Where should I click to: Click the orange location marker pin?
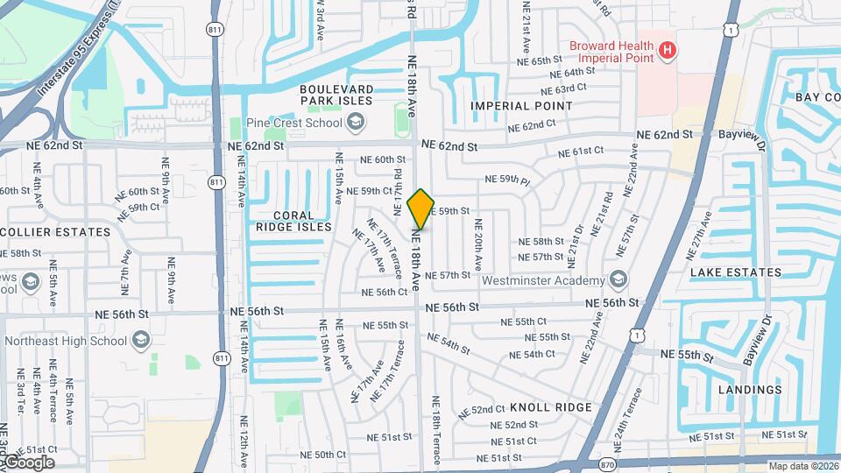(x=421, y=208)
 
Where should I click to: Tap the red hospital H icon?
(x=668, y=51)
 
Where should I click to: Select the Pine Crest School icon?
(x=354, y=123)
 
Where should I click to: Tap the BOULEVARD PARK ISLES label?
(x=336, y=95)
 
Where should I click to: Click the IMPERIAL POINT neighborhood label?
(x=521, y=106)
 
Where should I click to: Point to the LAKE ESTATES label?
(x=735, y=272)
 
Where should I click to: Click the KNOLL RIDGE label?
(x=551, y=407)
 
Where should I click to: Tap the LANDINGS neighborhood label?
(x=749, y=390)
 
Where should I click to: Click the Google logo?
(x=27, y=462)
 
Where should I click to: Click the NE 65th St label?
(x=539, y=60)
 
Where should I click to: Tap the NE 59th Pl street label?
(x=509, y=180)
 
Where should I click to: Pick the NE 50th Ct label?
(x=331, y=455)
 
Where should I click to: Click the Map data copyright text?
(x=802, y=466)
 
